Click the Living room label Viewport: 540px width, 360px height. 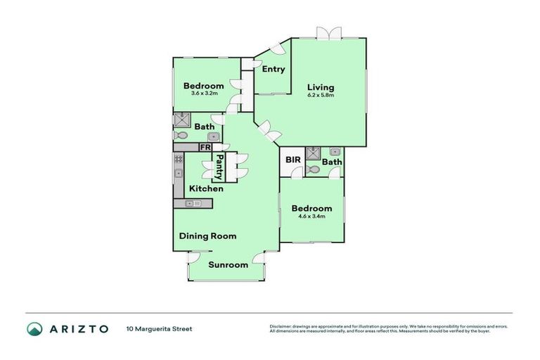[321, 88]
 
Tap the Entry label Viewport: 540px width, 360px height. [273, 69]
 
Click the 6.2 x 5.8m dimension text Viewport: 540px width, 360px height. [321, 95]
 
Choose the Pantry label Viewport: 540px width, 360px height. [220, 168]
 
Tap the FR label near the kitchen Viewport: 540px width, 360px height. [205, 147]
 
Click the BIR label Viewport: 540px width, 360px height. [293, 160]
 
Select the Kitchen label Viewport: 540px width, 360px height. [206, 188]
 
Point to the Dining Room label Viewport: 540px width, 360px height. [207, 236]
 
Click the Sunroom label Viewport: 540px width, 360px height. [229, 265]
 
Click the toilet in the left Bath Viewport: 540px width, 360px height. [181, 135]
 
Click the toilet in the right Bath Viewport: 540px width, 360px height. [314, 169]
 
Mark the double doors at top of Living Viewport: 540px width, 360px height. [328, 33]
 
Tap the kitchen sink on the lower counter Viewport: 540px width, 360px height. [192, 204]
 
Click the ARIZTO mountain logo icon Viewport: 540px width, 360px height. [34, 328]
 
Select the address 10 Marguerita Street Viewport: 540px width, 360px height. [159, 328]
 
